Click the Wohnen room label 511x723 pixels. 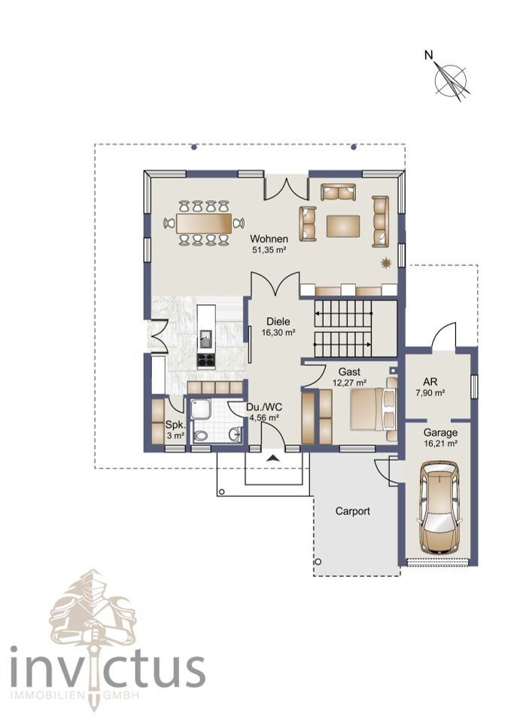tap(269, 239)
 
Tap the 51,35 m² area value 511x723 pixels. tap(269, 250)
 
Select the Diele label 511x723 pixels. tap(278, 322)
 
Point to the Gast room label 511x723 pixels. tap(349, 371)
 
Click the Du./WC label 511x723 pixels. tap(264, 407)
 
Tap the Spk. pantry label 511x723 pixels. tap(175, 425)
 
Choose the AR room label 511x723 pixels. tap(430, 383)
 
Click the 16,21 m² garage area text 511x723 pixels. tap(440, 444)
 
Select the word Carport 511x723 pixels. tap(352, 511)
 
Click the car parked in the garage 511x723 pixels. tap(440, 508)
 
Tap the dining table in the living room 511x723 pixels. tap(204, 223)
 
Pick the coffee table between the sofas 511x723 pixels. tap(343, 226)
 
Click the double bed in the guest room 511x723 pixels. tap(373, 409)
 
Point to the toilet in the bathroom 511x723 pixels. tap(200, 435)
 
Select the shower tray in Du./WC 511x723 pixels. tap(201, 410)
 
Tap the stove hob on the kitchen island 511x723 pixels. tap(206, 360)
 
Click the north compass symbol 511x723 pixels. tap(451, 79)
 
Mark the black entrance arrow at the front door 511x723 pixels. tap(272, 458)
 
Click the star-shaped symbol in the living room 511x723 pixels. tap(385, 263)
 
